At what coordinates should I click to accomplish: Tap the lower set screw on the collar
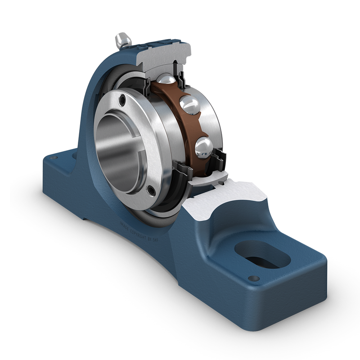[x=152, y=191]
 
